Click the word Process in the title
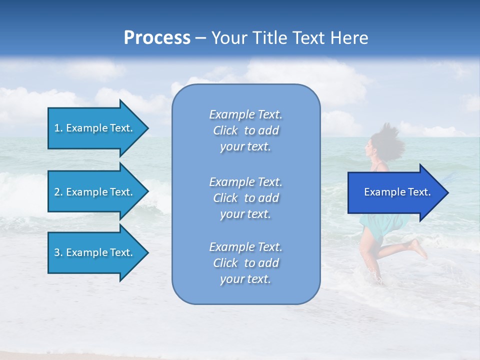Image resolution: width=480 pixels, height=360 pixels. (157, 38)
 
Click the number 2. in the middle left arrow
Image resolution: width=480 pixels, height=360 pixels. (58, 192)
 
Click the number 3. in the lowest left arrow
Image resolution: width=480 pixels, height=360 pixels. (58, 252)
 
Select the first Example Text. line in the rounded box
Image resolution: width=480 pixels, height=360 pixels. (245, 114)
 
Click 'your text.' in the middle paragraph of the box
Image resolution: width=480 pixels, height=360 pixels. (245, 214)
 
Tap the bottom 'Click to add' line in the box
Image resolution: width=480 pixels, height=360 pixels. (245, 263)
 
